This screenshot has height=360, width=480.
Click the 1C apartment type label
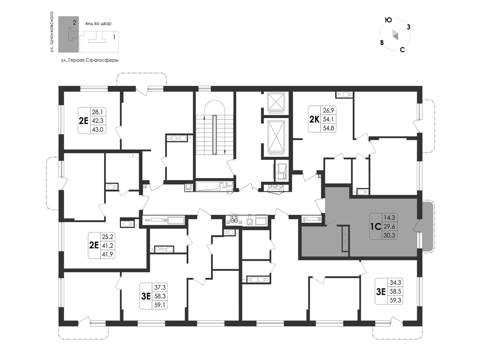(x=375, y=226)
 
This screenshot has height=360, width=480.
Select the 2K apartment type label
(x=315, y=119)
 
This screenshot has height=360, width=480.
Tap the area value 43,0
(x=97, y=129)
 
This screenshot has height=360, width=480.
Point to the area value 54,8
(x=329, y=128)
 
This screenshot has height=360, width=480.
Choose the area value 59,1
(x=160, y=305)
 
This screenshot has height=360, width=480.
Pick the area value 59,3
(x=395, y=300)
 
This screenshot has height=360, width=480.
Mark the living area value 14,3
(x=390, y=217)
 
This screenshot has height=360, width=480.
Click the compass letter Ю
(x=388, y=20)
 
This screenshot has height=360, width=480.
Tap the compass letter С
(x=403, y=50)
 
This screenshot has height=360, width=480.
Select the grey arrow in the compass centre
(x=395, y=35)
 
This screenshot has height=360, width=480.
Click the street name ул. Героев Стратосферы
(x=90, y=60)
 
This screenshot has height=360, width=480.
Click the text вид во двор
(x=98, y=23)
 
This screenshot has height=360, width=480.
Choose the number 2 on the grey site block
(x=75, y=22)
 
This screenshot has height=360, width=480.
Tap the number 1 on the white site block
(x=114, y=37)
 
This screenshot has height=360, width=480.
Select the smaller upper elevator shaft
(x=277, y=102)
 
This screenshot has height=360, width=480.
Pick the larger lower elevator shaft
(x=277, y=136)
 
